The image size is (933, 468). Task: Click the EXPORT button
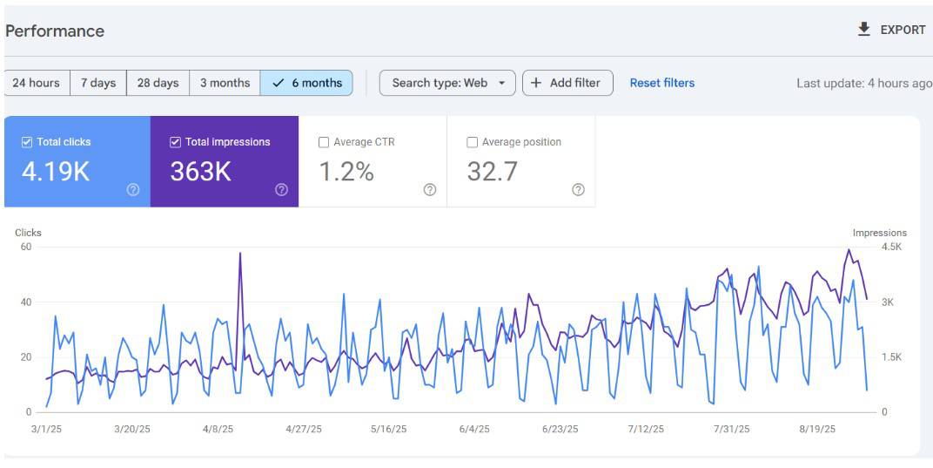(892, 30)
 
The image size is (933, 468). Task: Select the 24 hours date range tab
(37, 83)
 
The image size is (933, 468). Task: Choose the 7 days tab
(98, 83)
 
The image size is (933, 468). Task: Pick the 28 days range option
(158, 83)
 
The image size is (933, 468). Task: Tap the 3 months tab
(225, 83)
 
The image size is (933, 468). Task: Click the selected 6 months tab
(306, 83)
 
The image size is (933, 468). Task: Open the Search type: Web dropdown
(447, 83)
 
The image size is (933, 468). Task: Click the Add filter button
(567, 83)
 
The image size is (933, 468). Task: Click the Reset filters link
(661, 83)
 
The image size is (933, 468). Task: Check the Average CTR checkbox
(324, 142)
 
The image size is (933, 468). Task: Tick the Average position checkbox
(473, 142)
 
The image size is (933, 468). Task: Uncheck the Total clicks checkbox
(27, 142)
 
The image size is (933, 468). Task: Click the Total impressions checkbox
(175, 142)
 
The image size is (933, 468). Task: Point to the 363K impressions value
(200, 172)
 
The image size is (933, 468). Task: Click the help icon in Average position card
(578, 189)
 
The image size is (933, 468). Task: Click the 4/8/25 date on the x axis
(218, 429)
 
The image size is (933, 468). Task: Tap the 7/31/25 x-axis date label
(731, 429)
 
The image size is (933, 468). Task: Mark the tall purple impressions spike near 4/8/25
(240, 254)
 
